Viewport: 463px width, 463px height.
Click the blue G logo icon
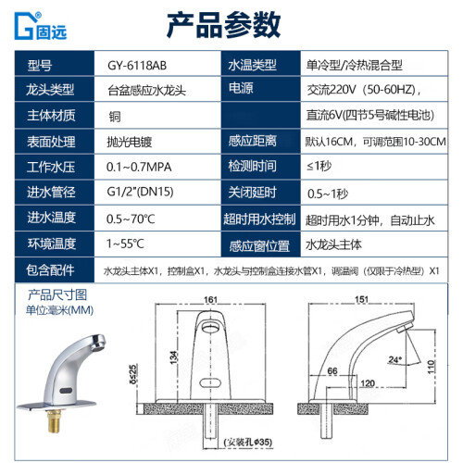click(24, 26)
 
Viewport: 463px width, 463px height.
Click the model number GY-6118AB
click(137, 66)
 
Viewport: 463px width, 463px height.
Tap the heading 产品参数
click(223, 25)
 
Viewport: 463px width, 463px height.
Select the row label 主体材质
click(51, 116)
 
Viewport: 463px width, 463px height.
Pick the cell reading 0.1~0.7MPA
click(139, 167)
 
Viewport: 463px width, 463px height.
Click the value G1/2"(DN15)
click(140, 192)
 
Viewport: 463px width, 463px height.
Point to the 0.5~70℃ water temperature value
click(131, 219)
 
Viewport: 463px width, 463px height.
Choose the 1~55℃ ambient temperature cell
click(125, 244)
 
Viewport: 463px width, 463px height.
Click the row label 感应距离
click(253, 141)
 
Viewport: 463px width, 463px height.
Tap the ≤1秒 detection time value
click(319, 166)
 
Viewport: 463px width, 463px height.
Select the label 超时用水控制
click(259, 219)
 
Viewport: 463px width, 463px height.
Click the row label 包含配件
click(50, 270)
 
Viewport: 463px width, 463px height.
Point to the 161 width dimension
click(210, 299)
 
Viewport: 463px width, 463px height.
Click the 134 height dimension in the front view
click(174, 357)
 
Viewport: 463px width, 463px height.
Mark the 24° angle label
click(395, 359)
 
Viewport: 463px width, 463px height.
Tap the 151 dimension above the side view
click(361, 299)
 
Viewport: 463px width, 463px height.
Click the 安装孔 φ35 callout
click(248, 442)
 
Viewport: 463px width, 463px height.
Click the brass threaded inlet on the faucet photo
click(55, 420)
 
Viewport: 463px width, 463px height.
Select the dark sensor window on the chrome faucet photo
click(66, 391)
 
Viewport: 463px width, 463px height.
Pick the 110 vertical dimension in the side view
click(431, 367)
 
